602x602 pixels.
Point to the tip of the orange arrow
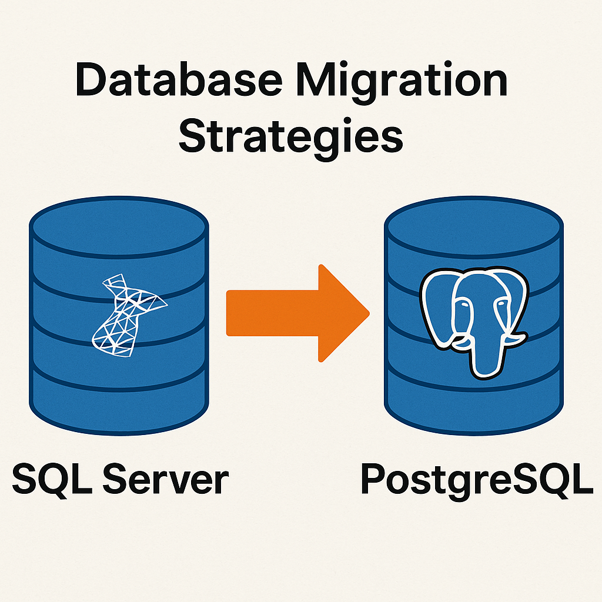(367, 313)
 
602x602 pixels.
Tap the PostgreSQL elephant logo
(473, 320)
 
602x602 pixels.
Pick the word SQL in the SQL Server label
(50, 479)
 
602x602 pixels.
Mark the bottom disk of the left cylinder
(119, 400)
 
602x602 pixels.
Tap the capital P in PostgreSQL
(374, 479)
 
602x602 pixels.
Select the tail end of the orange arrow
(232, 313)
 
